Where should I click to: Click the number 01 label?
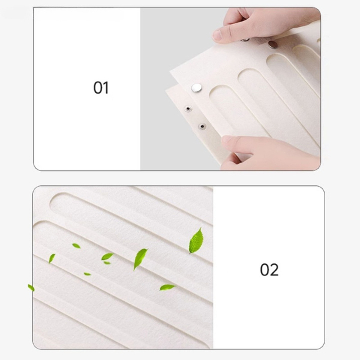pos(101,88)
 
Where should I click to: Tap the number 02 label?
pos(269,269)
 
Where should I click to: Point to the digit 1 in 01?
pos(106,88)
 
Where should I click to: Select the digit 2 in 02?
pos(274,269)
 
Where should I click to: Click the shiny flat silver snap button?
pos(197,87)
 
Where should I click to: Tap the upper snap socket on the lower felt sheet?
pos(188,109)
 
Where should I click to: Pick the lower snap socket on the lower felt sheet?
pos(202,126)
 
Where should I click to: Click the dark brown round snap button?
pos(273,44)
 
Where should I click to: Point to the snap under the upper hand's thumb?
pos(245,40)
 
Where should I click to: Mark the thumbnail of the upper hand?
pos(217,35)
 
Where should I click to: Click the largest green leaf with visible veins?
pos(196,241)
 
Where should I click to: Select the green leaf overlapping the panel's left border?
pos(31,287)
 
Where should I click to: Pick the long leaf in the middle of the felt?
pos(140,259)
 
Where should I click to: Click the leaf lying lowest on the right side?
pos(167,287)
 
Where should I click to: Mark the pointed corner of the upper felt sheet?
pos(170,71)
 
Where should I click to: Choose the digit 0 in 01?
pos(98,88)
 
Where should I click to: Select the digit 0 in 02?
pos(265,269)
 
